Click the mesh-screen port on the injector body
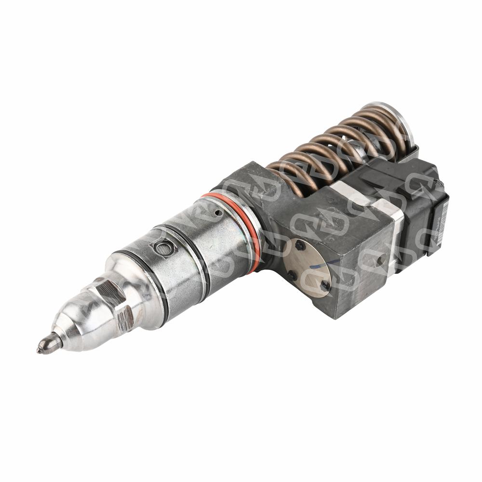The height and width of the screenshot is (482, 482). pyautogui.click(x=161, y=248)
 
